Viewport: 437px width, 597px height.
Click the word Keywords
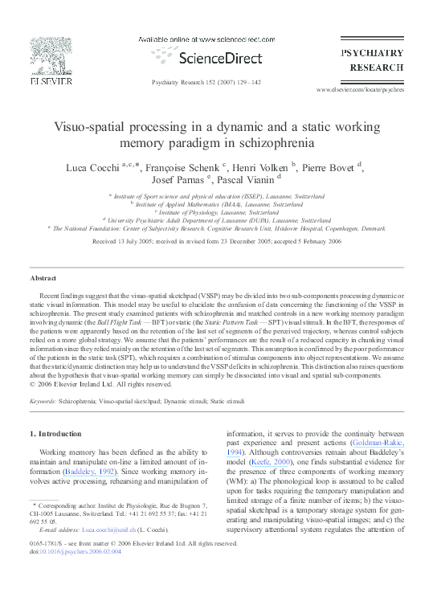[x=43, y=399]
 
